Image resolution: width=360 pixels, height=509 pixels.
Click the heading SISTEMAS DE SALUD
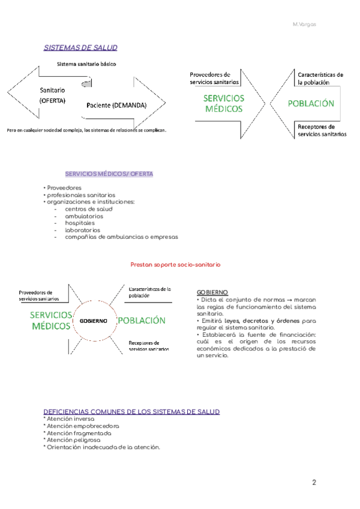(x=80, y=47)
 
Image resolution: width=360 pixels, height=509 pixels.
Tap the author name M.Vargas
(x=304, y=25)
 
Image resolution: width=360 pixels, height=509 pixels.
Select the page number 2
(x=314, y=483)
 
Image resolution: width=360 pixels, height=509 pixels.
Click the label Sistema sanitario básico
(x=86, y=64)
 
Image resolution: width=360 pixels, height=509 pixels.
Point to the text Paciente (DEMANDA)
(x=116, y=105)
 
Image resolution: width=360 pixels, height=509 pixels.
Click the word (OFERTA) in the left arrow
(x=53, y=101)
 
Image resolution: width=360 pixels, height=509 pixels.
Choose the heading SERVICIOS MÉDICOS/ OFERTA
(x=109, y=174)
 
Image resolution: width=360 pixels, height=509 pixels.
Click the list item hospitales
(x=80, y=223)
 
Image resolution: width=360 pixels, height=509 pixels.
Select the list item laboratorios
(x=83, y=230)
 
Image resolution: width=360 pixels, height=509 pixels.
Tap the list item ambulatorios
(x=84, y=216)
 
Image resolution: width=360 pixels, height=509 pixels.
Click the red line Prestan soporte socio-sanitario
(x=176, y=264)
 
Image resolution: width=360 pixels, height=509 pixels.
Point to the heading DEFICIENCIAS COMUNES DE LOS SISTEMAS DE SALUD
(x=132, y=412)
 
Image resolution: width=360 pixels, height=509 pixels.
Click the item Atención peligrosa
(x=73, y=440)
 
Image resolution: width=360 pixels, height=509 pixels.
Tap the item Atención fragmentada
(x=77, y=433)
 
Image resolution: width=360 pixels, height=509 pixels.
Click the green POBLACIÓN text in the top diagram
(x=311, y=103)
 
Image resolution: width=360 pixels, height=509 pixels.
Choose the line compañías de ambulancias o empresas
(x=121, y=237)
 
